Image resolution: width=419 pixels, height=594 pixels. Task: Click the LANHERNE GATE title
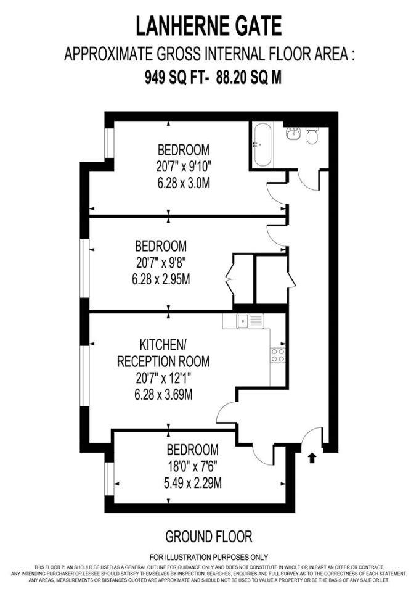point(209,27)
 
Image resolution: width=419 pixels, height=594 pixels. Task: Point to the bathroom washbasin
point(293,134)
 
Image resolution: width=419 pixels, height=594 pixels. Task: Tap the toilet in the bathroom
point(312,136)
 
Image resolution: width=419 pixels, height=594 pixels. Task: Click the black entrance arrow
point(311,458)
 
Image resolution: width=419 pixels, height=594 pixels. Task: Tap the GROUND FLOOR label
point(209,536)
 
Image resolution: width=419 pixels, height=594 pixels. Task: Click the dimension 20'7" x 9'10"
point(183,166)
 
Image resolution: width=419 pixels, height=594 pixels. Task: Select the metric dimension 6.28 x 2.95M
point(161,279)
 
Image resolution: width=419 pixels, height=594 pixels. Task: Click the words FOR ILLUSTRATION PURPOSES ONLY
point(209,557)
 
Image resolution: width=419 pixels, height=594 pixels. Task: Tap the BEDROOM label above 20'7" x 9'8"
point(160,245)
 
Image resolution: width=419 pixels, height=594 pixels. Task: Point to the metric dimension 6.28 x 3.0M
point(183,183)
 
